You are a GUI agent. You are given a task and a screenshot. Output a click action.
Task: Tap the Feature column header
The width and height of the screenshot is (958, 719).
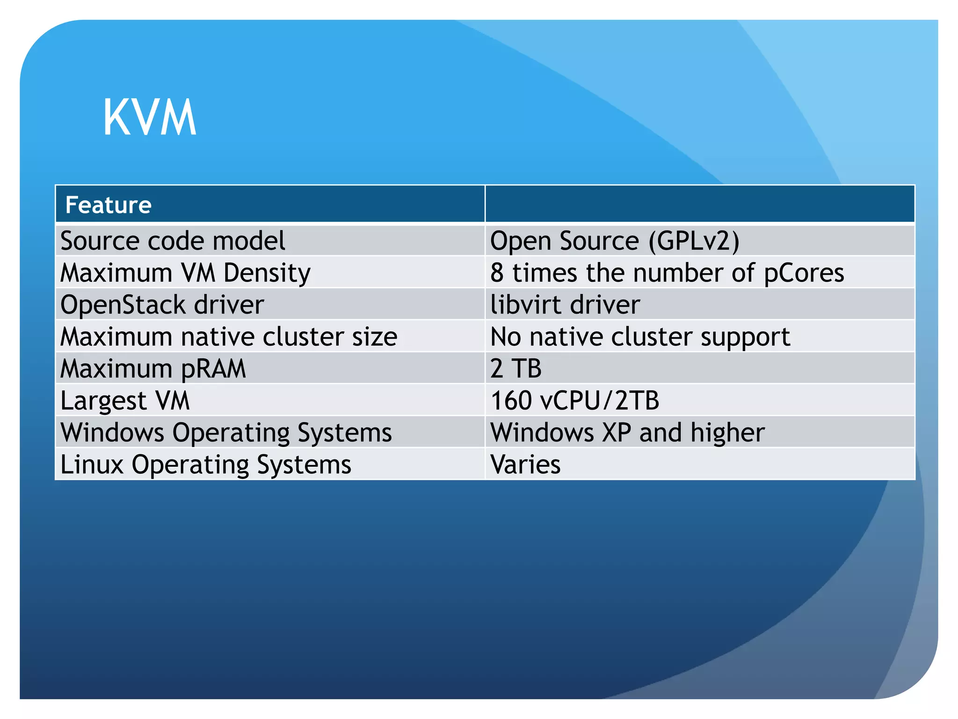[109, 205]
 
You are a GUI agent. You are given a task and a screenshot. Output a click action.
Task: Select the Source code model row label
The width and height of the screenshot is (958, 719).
[173, 241]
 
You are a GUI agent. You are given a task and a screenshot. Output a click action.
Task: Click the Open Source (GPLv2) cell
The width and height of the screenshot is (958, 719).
[614, 241]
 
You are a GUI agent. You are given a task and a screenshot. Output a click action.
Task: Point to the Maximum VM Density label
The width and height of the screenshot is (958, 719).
[185, 273]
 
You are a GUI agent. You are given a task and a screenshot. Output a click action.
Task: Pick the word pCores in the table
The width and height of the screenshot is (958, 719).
[804, 273]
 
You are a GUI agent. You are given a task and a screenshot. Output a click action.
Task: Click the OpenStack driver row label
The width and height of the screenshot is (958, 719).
[162, 305]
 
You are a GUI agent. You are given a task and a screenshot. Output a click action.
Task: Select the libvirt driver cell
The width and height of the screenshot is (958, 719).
[565, 305]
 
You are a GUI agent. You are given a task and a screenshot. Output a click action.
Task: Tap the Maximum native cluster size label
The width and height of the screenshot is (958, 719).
[229, 337]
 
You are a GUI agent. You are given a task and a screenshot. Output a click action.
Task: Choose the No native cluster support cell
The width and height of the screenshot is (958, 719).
[640, 337]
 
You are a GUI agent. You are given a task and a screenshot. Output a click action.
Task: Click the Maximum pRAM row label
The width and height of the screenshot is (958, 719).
[153, 369]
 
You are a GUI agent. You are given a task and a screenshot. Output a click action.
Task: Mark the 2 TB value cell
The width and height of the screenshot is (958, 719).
[516, 368]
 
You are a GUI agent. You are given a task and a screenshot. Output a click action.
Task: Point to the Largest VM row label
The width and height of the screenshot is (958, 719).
[125, 401]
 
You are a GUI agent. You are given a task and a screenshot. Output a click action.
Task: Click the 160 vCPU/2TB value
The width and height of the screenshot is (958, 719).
[574, 401]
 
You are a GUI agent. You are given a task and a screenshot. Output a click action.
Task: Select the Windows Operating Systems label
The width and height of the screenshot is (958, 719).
[226, 433]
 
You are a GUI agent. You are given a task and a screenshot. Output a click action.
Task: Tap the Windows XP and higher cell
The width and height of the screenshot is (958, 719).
[627, 433]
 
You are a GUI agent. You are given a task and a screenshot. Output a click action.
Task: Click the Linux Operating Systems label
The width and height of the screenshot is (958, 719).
[206, 464]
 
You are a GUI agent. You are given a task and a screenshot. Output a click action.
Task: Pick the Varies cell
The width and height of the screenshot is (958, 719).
[525, 464]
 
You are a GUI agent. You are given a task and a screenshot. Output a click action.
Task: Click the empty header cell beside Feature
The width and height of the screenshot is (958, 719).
[699, 204]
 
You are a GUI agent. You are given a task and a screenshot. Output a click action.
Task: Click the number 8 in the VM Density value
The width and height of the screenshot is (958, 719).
[497, 273]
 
